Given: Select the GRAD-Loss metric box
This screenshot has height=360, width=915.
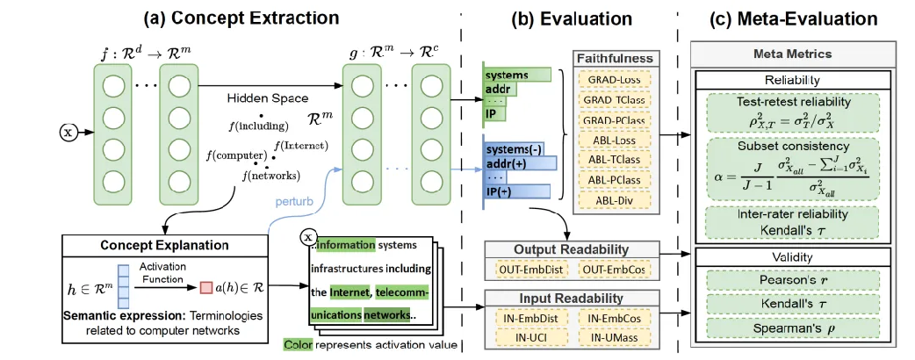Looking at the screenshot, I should pos(614,79).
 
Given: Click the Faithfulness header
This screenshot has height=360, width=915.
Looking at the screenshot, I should pos(614,58).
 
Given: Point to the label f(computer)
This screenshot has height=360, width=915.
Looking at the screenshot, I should pos(231,156).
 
